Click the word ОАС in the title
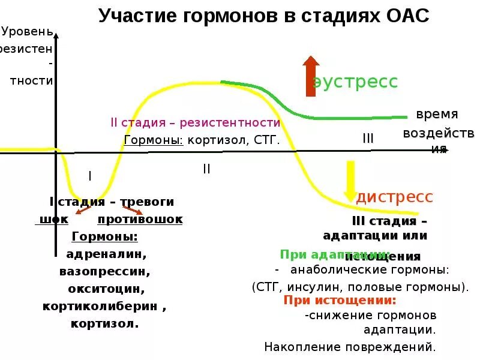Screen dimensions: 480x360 (x=405, y=16)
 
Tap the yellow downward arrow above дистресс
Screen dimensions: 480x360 (x=350, y=181)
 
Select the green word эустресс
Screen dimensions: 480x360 (x=355, y=82)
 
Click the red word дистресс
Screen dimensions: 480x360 (x=395, y=197)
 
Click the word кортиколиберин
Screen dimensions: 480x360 (x=100, y=306)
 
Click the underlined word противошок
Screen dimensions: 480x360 (x=140, y=220)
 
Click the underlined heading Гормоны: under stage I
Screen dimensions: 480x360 (x=104, y=236)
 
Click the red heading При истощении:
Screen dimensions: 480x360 (x=340, y=301)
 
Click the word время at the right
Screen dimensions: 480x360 (x=437, y=114)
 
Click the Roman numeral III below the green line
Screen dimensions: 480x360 (x=368, y=139)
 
